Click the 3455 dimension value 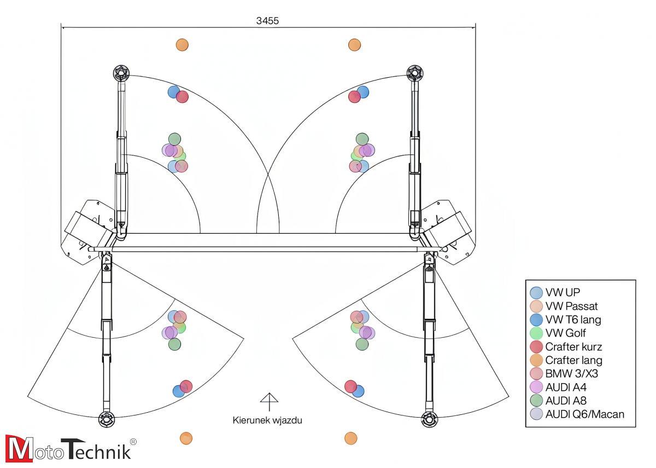pyautogui.click(x=268, y=21)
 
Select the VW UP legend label pyautogui.click(x=563, y=292)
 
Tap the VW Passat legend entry pyautogui.click(x=571, y=306)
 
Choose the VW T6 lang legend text pyautogui.click(x=573, y=320)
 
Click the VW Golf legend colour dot pyautogui.click(x=536, y=333)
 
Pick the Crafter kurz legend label pyautogui.click(x=573, y=346)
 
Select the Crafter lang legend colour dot pyautogui.click(x=536, y=360)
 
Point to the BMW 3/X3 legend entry pyautogui.click(x=572, y=374)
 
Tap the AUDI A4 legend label pyautogui.click(x=565, y=387)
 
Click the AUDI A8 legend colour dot pyautogui.click(x=536, y=401)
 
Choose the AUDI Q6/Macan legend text pyautogui.click(x=584, y=414)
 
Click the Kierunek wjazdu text pyautogui.click(x=267, y=420)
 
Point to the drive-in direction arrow pyautogui.click(x=268, y=402)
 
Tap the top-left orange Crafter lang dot pyautogui.click(x=182, y=45)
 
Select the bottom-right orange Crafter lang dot pyautogui.click(x=351, y=438)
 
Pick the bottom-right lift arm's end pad pyautogui.click(x=430, y=420)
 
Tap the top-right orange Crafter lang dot pyautogui.click(x=354, y=45)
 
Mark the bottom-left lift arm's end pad pyautogui.click(x=107, y=420)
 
